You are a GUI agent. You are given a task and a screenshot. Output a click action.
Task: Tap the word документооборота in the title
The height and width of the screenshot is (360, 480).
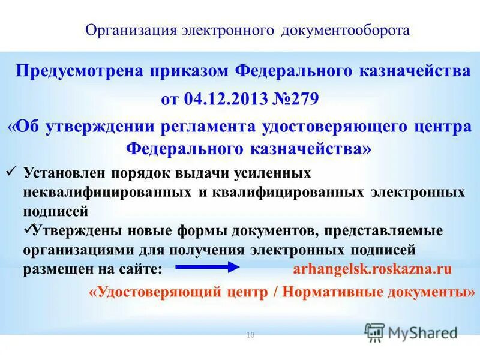pos(346,31)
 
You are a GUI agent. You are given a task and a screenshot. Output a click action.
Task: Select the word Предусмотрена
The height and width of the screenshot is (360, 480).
pos(71,72)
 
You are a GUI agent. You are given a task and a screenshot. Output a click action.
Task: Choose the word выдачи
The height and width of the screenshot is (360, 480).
pos(208,174)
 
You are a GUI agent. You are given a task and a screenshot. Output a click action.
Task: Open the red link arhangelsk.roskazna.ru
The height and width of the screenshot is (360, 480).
pos(372,269)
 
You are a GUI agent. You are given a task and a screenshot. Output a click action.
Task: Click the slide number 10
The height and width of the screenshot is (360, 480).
pos(251,335)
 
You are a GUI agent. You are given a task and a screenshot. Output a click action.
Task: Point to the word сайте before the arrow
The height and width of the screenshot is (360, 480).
pos(143,269)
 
